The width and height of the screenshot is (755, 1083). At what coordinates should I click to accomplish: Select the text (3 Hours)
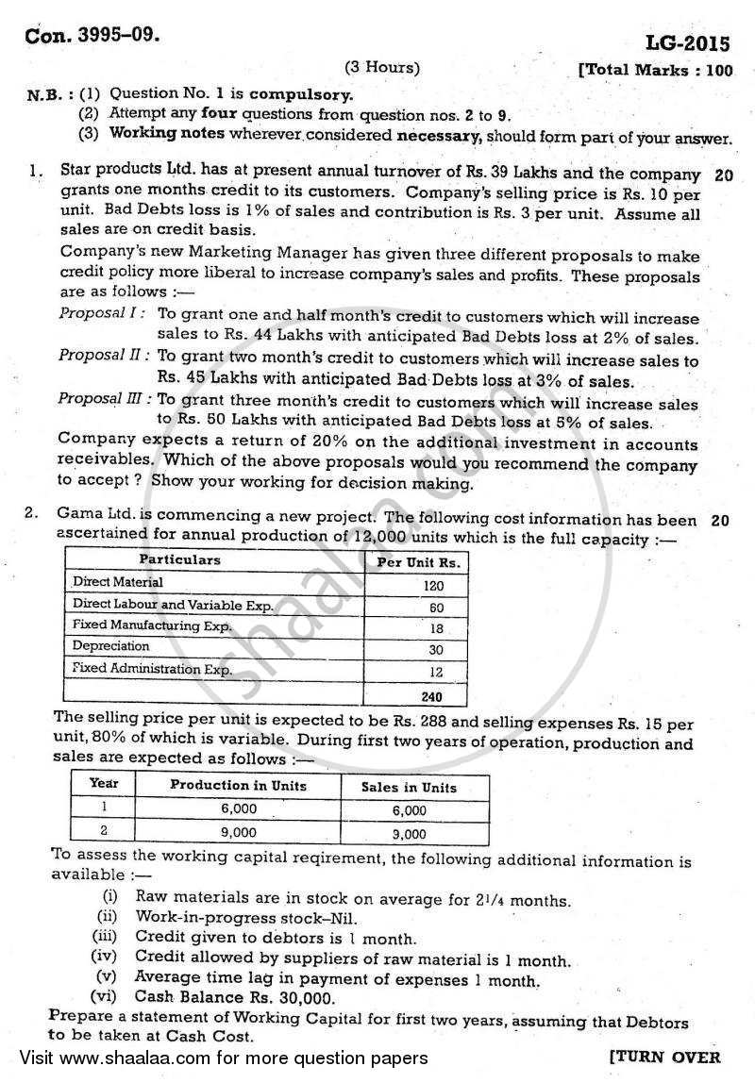point(382,68)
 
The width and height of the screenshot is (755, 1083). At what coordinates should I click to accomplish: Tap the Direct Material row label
point(118,583)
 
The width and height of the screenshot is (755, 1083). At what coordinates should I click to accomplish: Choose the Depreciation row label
point(111,646)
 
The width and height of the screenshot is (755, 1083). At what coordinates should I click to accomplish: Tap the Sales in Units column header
point(410,787)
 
